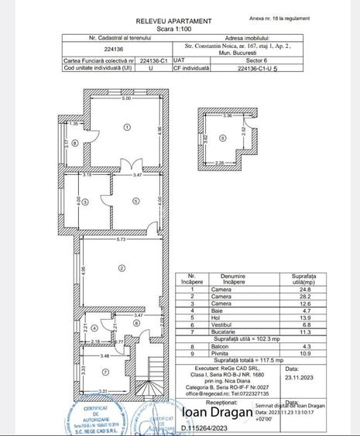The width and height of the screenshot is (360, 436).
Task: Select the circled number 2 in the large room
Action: coord(122,268)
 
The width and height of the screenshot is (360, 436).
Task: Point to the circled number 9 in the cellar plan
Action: coord(223,139)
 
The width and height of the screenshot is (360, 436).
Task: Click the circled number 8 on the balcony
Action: coord(75,143)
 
